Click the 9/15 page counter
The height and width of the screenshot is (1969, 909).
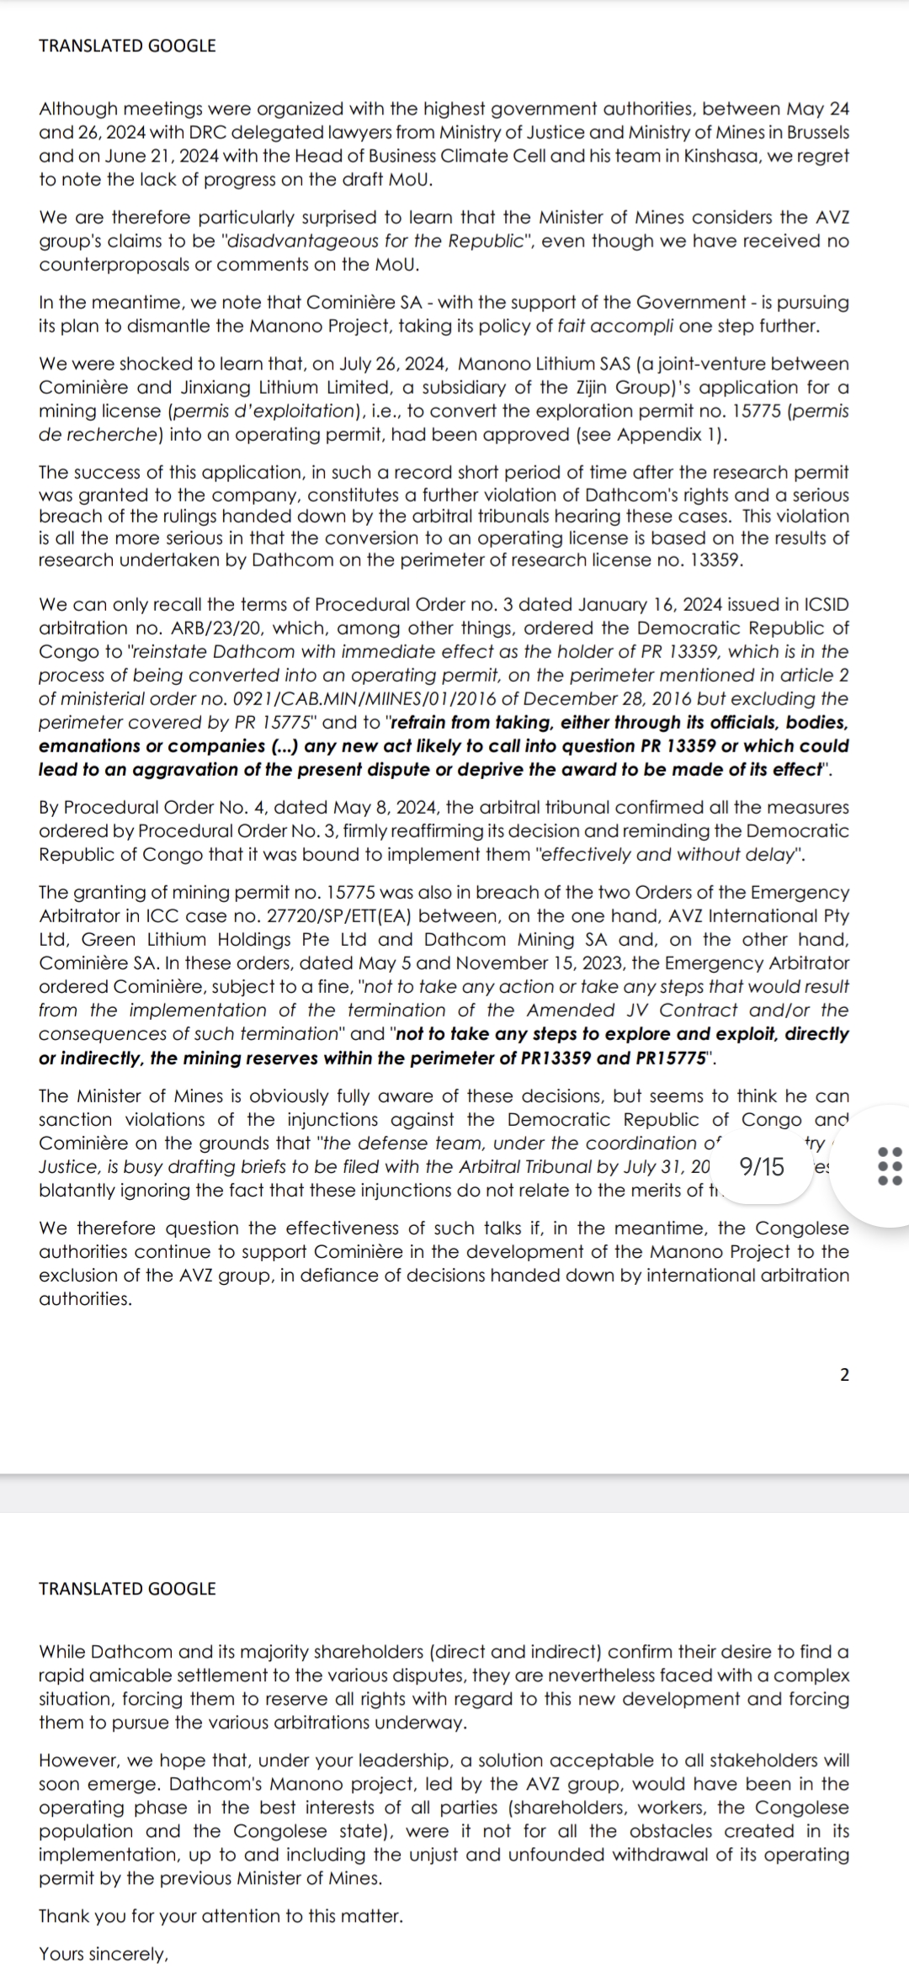761,1166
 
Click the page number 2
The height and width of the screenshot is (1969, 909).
845,1375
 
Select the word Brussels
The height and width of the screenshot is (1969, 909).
814,132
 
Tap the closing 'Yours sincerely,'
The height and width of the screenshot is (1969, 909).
104,1954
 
